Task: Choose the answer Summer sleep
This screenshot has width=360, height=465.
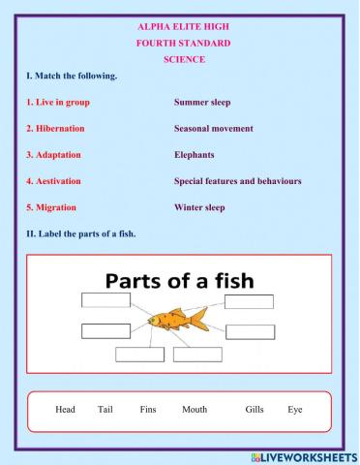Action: coord(202,102)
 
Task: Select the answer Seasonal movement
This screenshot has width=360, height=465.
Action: coord(213,128)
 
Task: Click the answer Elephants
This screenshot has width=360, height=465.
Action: coord(195,155)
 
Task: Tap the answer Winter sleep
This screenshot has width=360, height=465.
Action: coord(199,207)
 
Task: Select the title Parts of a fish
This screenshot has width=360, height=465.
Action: coord(179,281)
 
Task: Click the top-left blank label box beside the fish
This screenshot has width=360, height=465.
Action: coord(106,301)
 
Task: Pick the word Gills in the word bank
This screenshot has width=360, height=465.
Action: coord(255,410)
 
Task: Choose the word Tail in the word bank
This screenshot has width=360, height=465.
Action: coord(105,410)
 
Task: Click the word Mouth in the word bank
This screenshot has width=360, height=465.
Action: coord(195,410)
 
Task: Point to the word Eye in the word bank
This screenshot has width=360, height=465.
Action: coord(295,410)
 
